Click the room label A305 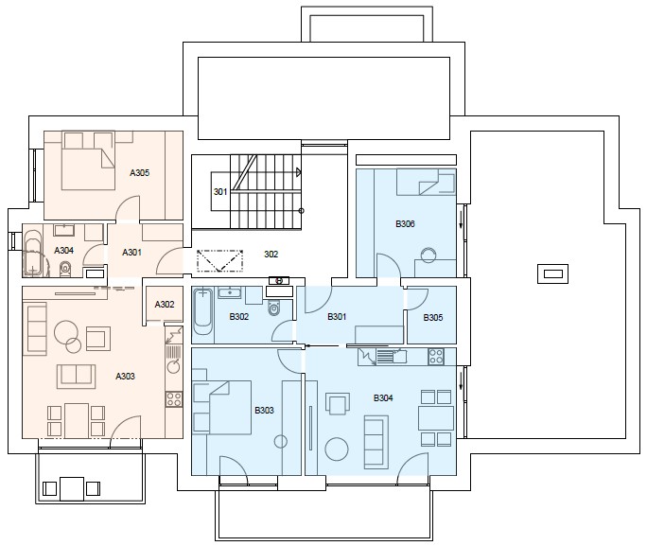point(139,173)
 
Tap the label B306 point(405,224)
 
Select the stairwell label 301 point(220,191)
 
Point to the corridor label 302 point(271,255)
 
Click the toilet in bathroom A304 point(65,269)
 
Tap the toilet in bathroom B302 point(273,308)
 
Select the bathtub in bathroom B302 point(203,311)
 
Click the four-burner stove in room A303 point(174,399)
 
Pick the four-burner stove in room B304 point(436,357)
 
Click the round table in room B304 point(337,449)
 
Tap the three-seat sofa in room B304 point(376,442)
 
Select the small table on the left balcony point(72,489)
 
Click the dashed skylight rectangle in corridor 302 point(219,261)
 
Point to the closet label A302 point(165,305)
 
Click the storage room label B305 point(433,318)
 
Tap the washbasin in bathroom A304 point(63,230)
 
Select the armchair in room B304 point(338,404)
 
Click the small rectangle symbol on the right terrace point(552,274)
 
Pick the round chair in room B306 point(428,255)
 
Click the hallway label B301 point(337,317)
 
